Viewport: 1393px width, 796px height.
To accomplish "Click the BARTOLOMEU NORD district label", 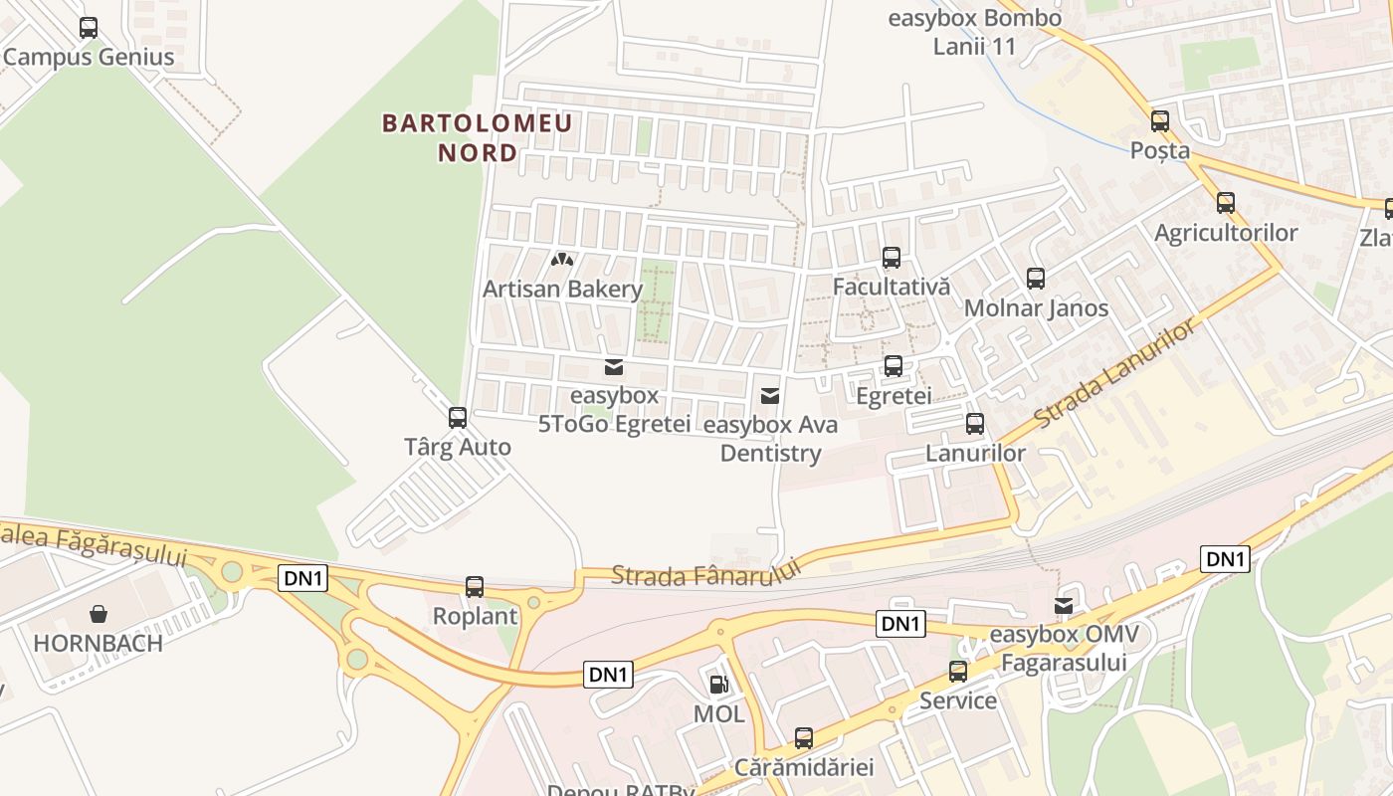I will pyautogui.click(x=478, y=137).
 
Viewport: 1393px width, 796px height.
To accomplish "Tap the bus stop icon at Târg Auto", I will pyautogui.click(x=458, y=418).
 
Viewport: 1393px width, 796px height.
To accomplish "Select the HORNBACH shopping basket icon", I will pyautogui.click(x=99, y=614).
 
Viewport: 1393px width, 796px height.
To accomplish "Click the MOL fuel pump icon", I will pyautogui.click(x=718, y=685).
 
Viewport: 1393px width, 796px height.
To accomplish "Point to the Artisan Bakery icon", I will pyautogui.click(x=562, y=261).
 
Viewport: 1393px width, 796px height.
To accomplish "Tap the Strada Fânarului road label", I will pyautogui.click(x=705, y=573).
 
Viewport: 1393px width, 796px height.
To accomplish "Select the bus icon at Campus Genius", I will pyautogui.click(x=89, y=28).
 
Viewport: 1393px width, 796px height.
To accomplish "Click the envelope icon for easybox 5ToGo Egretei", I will pyautogui.click(x=614, y=367).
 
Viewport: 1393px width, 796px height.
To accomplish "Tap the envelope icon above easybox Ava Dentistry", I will pyautogui.click(x=769, y=396).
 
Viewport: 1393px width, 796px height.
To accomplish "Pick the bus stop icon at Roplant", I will pyautogui.click(x=475, y=587).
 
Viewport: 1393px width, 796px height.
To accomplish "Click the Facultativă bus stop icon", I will pyautogui.click(x=892, y=258).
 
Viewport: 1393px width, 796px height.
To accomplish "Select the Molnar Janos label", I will pyautogui.click(x=1036, y=308).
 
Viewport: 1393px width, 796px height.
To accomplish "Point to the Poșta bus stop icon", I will pyautogui.click(x=1160, y=121).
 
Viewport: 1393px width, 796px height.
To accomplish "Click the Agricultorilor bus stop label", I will pyautogui.click(x=1226, y=233).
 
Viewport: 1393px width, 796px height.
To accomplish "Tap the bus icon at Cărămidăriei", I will pyautogui.click(x=804, y=738).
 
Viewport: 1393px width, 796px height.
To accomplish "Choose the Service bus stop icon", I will pyautogui.click(x=958, y=672).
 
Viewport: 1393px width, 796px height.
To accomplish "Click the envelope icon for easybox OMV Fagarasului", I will pyautogui.click(x=1064, y=606).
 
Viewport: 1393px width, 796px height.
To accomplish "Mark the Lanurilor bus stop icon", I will pyautogui.click(x=975, y=424).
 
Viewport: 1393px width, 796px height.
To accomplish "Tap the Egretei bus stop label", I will pyautogui.click(x=894, y=396).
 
